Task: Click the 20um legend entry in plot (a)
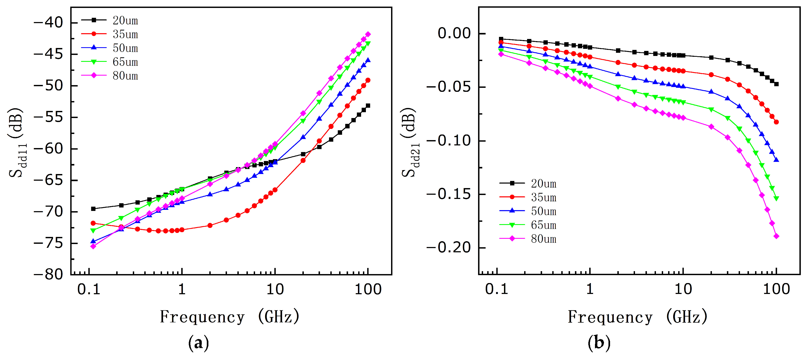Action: tap(109, 20)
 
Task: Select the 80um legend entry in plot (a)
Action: tap(109, 76)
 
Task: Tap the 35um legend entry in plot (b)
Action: tap(528, 197)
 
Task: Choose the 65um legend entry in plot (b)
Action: tap(528, 225)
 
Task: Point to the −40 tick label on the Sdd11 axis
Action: tap(48, 23)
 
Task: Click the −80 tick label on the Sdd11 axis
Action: tap(48, 275)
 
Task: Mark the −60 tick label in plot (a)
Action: tap(48, 149)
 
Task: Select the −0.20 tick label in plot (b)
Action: tap(449, 248)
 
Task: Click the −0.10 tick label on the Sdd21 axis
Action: tap(449, 141)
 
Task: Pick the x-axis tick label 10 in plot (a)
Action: tap(275, 289)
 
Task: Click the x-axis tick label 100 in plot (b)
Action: tap(776, 289)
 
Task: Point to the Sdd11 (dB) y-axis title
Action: tap(16, 142)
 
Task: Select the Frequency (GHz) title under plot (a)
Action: tap(230, 317)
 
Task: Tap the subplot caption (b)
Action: tap(599, 343)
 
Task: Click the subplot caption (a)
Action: tap(199, 343)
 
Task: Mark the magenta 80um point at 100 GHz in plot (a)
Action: tap(368, 34)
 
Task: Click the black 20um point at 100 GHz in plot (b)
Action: tap(776, 84)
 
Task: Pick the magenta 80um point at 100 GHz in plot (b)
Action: tap(776, 236)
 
